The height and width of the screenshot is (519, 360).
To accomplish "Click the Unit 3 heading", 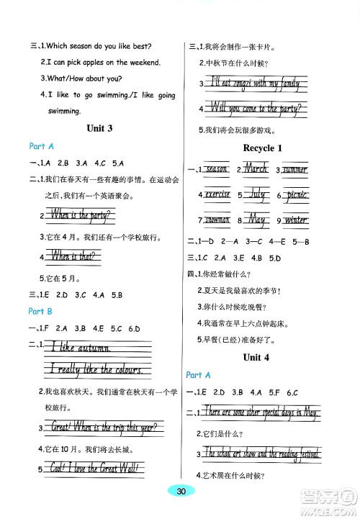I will [x=99, y=128].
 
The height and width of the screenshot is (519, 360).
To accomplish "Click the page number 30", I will [x=181, y=491].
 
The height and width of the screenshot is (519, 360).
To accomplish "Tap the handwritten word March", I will [x=254, y=169].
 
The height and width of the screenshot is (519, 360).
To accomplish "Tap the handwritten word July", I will [x=256, y=194].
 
